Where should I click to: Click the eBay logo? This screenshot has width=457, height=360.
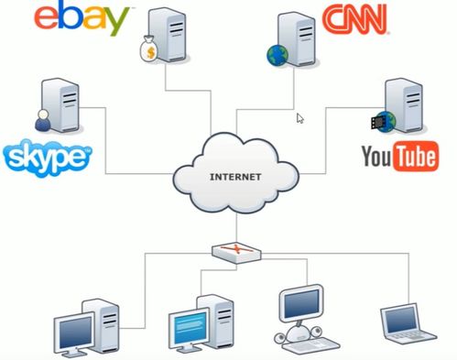81,18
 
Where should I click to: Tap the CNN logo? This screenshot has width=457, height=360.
354,19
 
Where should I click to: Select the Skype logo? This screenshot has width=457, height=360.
48,158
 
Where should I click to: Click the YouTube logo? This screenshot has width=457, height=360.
400,156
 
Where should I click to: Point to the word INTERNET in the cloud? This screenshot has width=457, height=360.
235,177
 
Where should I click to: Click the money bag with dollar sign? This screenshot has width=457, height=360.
148,49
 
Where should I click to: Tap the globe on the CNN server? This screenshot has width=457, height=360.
277,55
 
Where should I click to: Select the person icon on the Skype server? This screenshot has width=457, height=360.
43,120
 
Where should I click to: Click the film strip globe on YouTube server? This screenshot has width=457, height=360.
384,122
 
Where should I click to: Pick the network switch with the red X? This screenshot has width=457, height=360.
236,253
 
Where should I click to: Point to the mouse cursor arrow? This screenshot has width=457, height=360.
300,118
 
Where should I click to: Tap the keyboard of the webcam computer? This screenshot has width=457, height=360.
311,345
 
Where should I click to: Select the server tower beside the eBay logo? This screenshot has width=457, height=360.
168,35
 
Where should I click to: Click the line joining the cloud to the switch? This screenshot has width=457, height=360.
236,229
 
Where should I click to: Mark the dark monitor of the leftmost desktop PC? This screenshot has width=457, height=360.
76,333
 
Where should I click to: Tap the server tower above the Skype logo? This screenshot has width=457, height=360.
60,104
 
